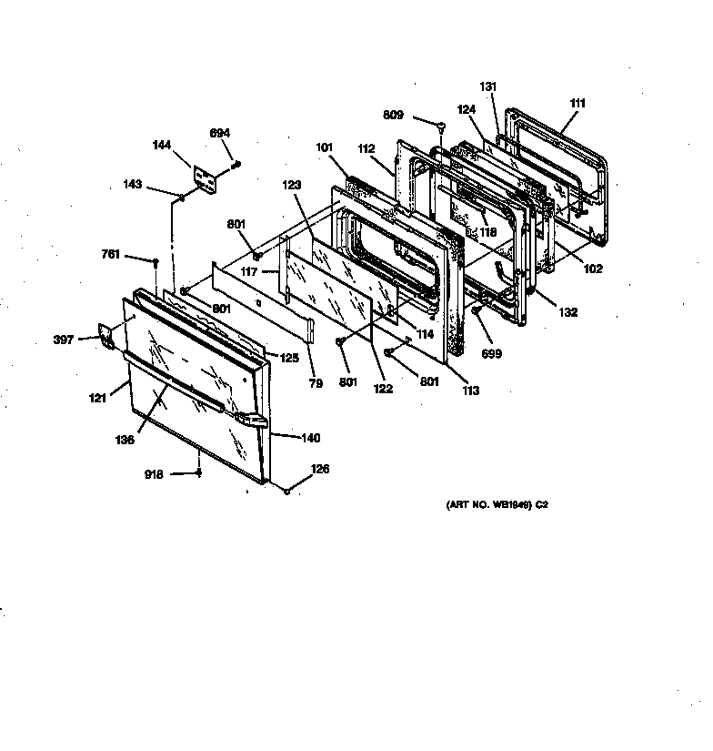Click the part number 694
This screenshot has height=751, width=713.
pos(220,135)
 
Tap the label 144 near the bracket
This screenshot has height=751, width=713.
pos(160,145)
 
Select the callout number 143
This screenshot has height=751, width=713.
pos(134,185)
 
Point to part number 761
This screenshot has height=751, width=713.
pos(111,256)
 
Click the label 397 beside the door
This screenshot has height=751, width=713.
pos(64,340)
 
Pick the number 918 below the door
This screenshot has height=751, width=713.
pos(155,474)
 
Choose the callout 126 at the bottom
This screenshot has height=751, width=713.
pos(320,470)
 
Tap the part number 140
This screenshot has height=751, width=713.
pos(310,438)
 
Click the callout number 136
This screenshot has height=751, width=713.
pos(125,441)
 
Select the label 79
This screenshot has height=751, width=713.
pos(315,384)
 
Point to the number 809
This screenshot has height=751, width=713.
pos(393,116)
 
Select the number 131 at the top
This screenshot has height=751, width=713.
pos(488,86)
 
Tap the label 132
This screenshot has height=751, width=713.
pos(568,312)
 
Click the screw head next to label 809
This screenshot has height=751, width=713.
pos(440,126)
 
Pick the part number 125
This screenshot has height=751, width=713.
pos(288,358)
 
